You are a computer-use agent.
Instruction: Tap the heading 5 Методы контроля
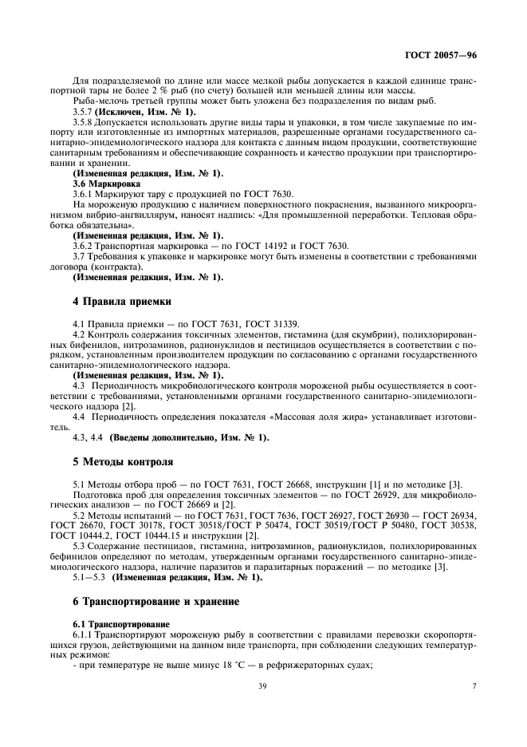tap(120, 462)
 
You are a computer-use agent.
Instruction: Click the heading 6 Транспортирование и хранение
tap(156, 600)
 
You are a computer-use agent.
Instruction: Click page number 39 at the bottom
tap(262, 685)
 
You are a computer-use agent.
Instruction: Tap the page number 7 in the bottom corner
tap(473, 685)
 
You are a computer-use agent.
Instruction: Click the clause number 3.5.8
tap(84, 121)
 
